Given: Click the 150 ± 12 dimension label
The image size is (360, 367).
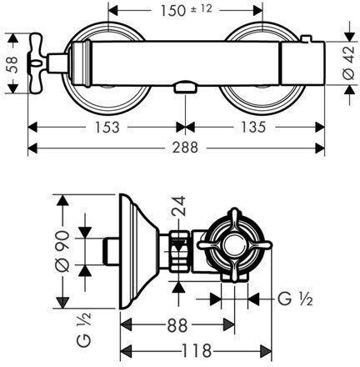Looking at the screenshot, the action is click(x=187, y=10).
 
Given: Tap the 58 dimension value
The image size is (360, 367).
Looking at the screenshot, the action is click(x=12, y=65).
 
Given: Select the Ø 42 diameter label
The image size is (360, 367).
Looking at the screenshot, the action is click(x=349, y=63).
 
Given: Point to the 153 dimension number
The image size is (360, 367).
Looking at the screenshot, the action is click(x=107, y=128).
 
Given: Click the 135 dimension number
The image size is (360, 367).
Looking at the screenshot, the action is click(x=253, y=127).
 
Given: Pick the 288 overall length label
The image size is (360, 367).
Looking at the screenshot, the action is click(x=185, y=147).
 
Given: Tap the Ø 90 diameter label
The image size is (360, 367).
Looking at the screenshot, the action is click(x=62, y=251).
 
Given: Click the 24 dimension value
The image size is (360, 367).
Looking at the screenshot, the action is click(x=178, y=206).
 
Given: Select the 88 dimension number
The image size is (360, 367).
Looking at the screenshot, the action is click(x=177, y=325).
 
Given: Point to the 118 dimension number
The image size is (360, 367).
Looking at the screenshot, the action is click(x=196, y=350).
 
